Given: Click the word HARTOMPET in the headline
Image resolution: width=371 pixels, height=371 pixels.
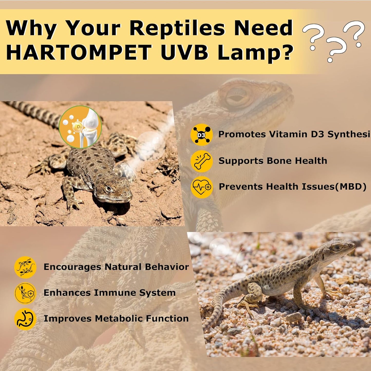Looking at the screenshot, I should click(x=79, y=52).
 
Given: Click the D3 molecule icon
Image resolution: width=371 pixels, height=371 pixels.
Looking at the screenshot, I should click(x=202, y=135).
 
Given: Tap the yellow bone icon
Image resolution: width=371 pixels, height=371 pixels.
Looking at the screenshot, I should click(x=202, y=161).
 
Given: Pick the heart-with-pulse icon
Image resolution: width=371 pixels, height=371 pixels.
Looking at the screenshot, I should click(x=202, y=187).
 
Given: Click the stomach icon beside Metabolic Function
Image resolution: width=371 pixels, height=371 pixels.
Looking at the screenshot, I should click(x=25, y=319).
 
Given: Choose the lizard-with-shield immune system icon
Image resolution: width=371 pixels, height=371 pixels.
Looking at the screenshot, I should click(x=25, y=293).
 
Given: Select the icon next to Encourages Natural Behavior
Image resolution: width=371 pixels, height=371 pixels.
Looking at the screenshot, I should click(x=25, y=267).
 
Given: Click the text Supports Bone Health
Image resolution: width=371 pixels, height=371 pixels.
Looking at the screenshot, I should click(x=273, y=161).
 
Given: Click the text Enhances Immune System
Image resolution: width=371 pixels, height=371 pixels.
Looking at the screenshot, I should click(x=110, y=293).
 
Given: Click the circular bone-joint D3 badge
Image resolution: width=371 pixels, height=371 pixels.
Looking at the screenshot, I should click(x=80, y=127).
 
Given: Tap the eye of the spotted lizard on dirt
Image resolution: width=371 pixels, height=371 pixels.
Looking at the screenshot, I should click(x=109, y=189).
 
